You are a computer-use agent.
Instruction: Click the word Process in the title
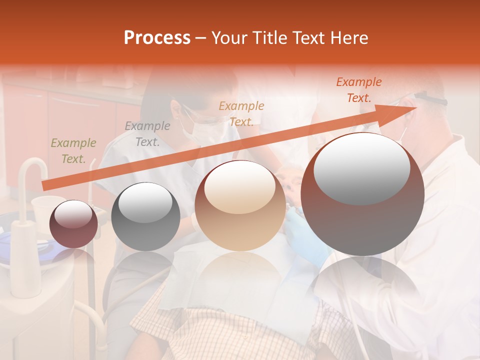[157, 38]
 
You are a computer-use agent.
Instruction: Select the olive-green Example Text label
[73, 151]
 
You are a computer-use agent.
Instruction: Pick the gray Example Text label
[147, 134]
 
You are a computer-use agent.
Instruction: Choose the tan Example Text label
[241, 113]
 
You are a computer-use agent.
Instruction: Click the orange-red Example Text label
[358, 90]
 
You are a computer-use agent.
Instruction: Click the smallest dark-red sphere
[74, 224]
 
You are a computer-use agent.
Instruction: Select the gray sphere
[145, 216]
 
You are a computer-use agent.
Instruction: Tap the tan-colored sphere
[240, 205]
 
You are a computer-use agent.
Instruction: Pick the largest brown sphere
[362, 194]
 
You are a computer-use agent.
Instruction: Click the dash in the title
[201, 38]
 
